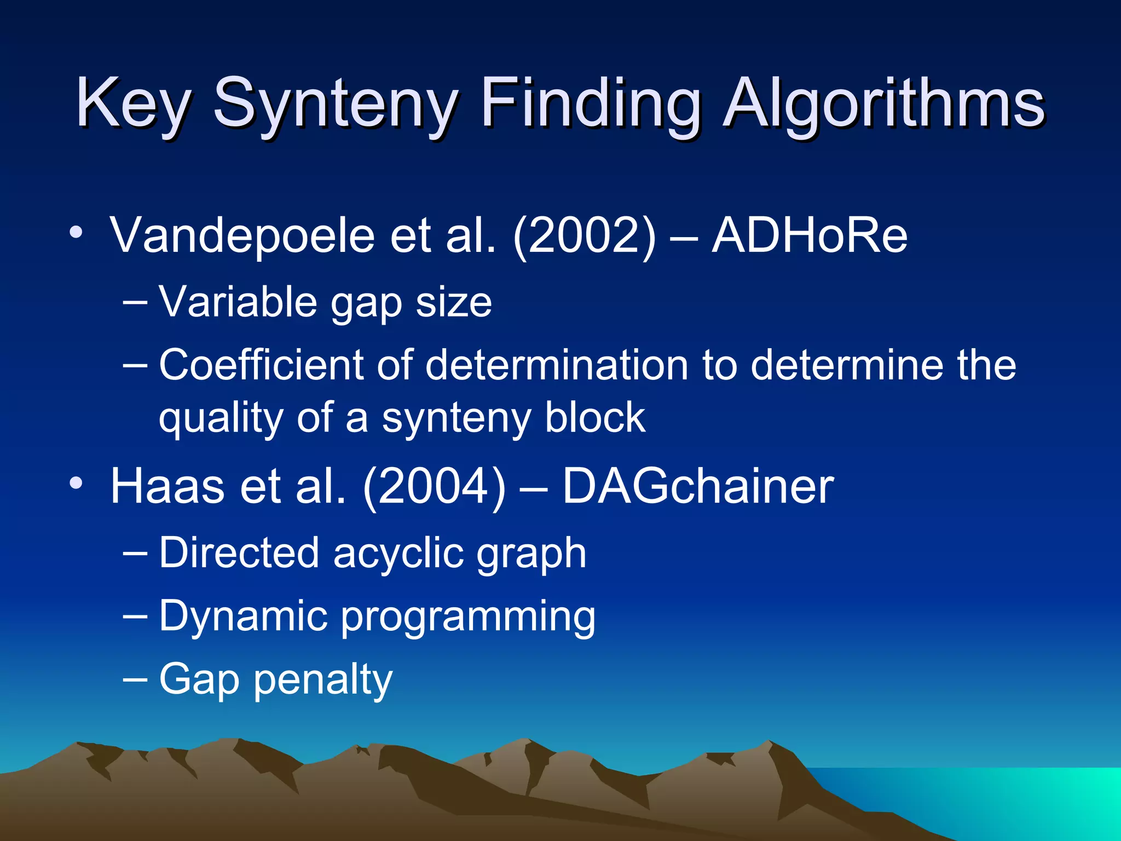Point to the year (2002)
tap(584, 235)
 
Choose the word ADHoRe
tap(810, 235)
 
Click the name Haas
tap(167, 486)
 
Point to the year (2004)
tap(435, 486)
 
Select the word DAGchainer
tap(698, 486)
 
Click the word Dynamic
tap(244, 616)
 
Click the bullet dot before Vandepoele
tap(76, 232)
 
